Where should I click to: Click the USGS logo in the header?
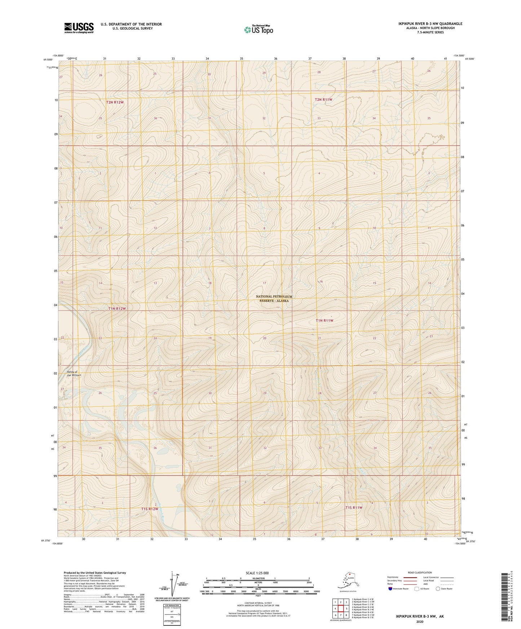coord(79,28)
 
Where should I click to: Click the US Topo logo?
coord(258,29)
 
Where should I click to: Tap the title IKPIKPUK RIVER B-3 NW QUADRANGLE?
coord(430,24)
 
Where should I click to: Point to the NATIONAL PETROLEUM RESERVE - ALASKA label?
coord(274,298)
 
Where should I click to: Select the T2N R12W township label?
coord(115,102)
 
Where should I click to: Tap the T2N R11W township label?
coord(323,99)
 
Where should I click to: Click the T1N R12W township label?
coord(117,309)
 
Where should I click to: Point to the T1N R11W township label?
coord(324,320)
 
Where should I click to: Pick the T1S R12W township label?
coord(150,509)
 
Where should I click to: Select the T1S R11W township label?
coord(354,507)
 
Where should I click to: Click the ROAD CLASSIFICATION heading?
coord(420,572)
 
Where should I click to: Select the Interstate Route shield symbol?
coord(390,589)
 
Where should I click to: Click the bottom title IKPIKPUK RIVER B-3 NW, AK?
coord(419,616)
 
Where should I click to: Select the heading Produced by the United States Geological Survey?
coord(95,572)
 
